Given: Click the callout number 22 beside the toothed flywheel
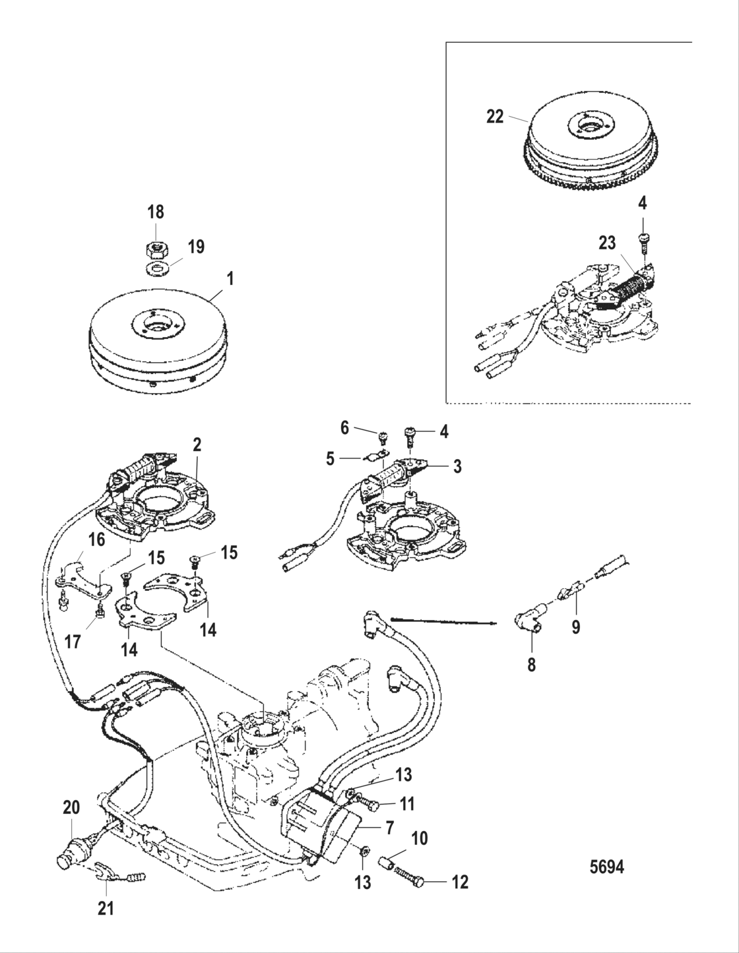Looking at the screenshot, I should tap(494, 117).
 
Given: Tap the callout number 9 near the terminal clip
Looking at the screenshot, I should tap(576, 627).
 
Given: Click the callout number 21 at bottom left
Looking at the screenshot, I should tap(106, 909).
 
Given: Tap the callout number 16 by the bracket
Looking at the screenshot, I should tap(97, 541).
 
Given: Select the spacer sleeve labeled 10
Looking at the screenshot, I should tap(387, 861).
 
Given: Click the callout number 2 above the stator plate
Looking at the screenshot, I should tap(196, 445).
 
